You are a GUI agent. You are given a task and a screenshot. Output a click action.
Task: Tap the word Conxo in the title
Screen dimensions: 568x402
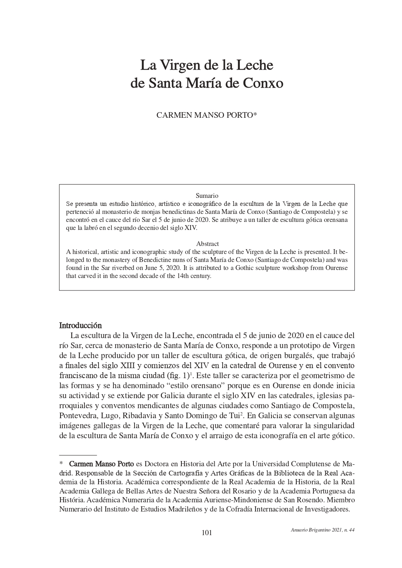(x=263, y=83)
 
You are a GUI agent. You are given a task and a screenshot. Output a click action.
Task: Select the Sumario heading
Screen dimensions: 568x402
(x=207, y=196)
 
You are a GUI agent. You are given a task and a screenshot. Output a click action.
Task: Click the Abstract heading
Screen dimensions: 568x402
(x=207, y=244)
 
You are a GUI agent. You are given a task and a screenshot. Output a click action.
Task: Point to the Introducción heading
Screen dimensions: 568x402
(x=80, y=325)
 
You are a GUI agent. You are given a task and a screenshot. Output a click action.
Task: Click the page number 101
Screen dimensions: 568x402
(x=207, y=532)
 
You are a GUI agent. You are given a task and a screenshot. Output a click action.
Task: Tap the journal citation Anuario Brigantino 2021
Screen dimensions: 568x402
(x=316, y=530)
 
